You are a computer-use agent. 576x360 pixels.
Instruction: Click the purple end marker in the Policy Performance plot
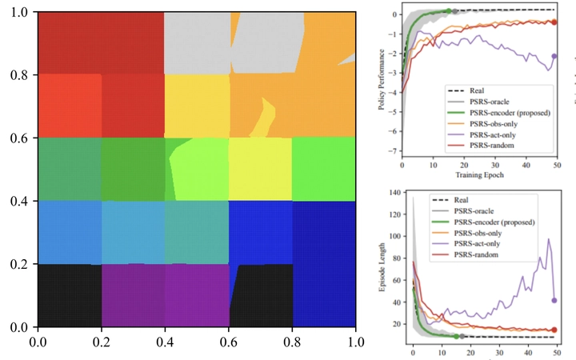pyautogui.click(x=554, y=56)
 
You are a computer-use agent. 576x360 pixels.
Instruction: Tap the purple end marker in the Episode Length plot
pyautogui.click(x=554, y=300)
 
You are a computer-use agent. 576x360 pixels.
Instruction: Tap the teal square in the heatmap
pyautogui.click(x=196, y=233)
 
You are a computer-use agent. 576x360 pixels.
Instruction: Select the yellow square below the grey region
pyautogui.click(x=196, y=106)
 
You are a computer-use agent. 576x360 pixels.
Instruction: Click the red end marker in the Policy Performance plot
pyautogui.click(x=554, y=22)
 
